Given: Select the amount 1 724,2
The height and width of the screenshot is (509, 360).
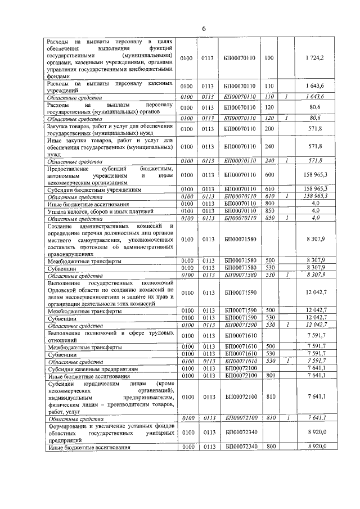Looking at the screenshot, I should pos(314,58).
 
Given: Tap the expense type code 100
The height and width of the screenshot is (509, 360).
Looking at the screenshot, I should pos(268,58).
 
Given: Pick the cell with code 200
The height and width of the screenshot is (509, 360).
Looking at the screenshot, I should pos(268,129).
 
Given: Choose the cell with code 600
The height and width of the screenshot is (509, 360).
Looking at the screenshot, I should pos(268,175).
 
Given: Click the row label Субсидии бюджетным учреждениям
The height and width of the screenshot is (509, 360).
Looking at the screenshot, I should pos(93,190).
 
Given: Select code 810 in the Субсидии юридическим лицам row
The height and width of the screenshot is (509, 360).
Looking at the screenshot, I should pos(268,397).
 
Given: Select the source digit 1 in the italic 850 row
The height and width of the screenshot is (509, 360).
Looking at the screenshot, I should pos(286,218).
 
